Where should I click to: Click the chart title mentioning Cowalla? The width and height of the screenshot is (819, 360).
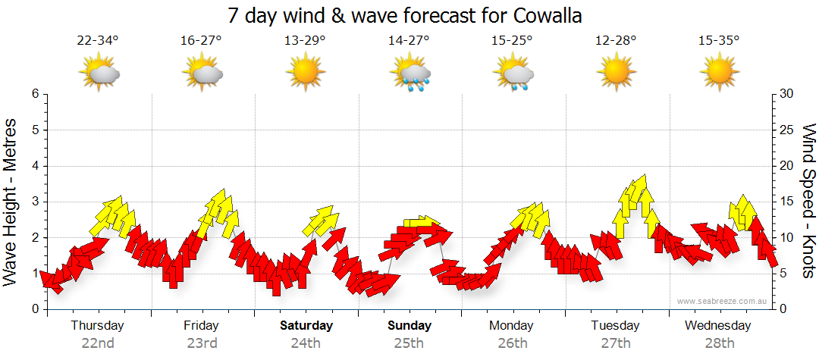[409, 15]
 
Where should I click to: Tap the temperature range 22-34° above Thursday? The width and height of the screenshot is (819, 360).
[98, 41]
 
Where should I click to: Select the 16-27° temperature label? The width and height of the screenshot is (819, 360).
[201, 41]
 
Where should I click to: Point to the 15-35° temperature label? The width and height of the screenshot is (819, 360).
[719, 41]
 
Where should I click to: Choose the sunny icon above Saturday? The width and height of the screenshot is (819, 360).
[306, 73]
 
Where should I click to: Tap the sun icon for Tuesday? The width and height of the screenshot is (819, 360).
[616, 73]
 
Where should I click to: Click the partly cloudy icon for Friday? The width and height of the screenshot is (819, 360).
[202, 74]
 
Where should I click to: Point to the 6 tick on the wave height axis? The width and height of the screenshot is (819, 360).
[35, 94]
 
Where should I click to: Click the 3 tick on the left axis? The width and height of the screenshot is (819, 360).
[35, 202]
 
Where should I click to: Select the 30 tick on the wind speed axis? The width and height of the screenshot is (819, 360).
[787, 94]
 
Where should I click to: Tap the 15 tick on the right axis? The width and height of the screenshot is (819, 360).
[787, 202]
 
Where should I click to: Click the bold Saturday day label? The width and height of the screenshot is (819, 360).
[306, 326]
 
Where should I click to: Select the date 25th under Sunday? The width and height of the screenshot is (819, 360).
[409, 343]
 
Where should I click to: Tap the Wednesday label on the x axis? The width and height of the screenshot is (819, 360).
[717, 326]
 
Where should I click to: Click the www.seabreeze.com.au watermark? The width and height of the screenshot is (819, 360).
[722, 301]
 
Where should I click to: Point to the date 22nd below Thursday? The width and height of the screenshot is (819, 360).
[97, 343]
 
